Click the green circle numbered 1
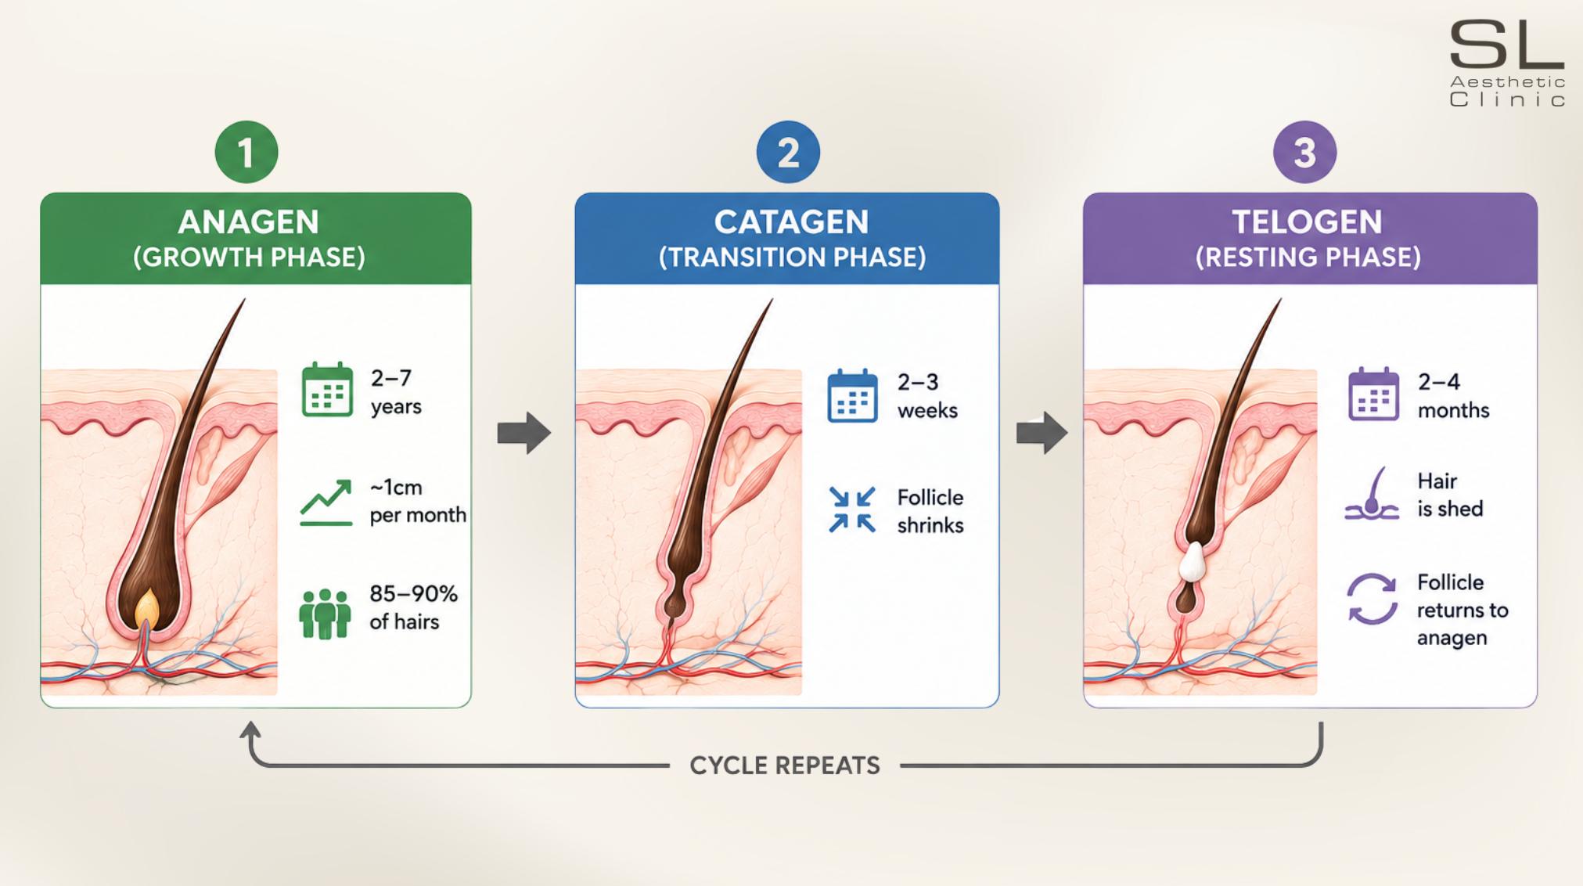pos(246,152)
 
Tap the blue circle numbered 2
pos(788,152)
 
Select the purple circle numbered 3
pos(1304,152)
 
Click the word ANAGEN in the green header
pos(249,222)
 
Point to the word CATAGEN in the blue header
pos(791,222)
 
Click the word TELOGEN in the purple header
pos(1308,222)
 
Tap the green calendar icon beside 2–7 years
pos(327,389)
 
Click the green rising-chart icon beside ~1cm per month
pos(326,502)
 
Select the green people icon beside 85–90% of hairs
pos(325,614)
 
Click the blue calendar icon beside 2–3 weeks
pos(852,395)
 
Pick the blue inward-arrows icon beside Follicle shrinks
pos(852,510)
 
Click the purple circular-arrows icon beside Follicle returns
pos(1372,599)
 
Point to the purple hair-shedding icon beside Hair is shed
pos(1372,495)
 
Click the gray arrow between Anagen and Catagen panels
pos(524,432)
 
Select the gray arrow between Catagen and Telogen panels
pos(1042,432)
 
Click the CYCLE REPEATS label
pos(785,765)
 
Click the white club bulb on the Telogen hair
pos(1193,562)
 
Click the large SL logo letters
pos(1506,45)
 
